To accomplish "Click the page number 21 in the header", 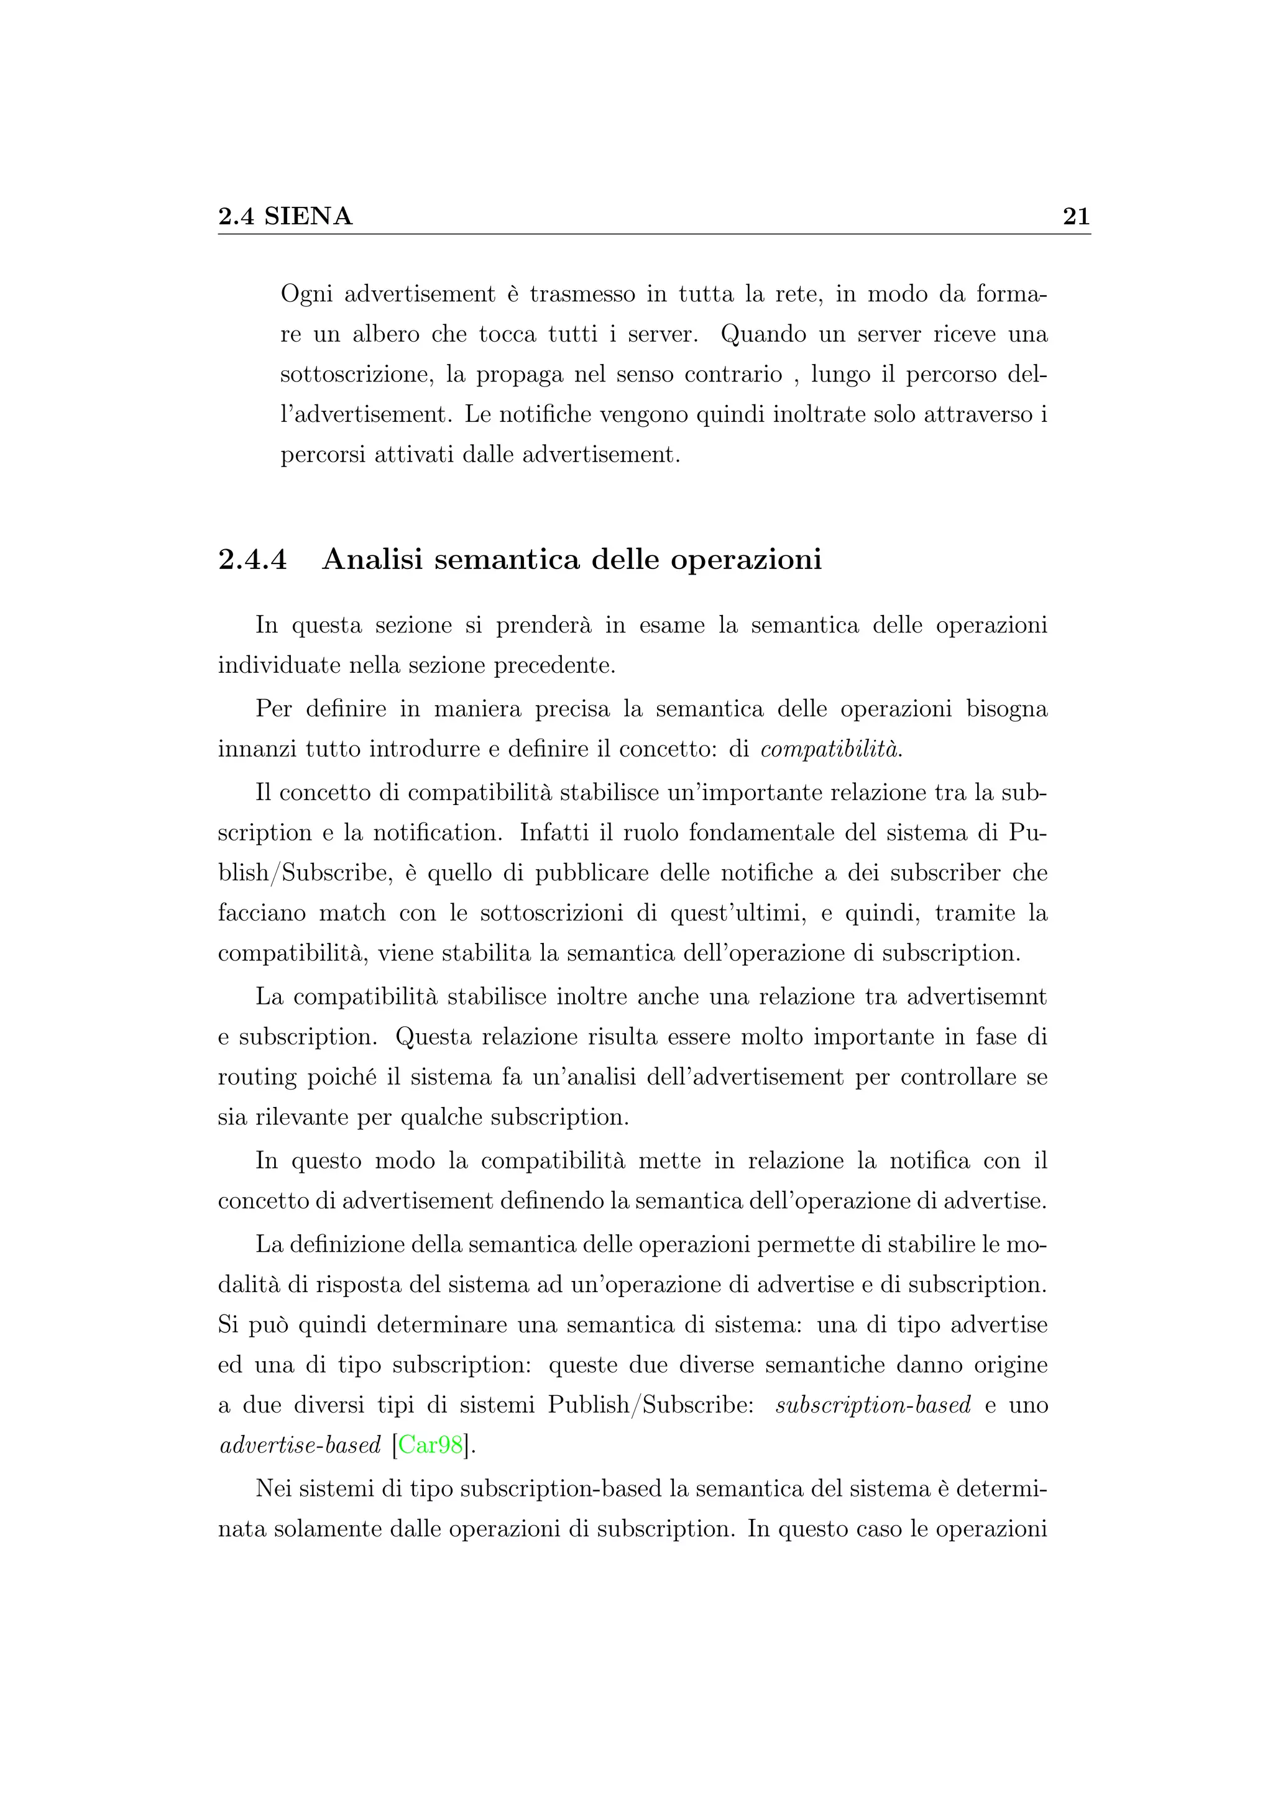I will click(1075, 216).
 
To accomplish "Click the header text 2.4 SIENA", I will click(285, 216).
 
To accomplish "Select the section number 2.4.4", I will click(252, 560).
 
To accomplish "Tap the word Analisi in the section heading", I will click(372, 560).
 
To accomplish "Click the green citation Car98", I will click(430, 1444).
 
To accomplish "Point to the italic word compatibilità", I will click(831, 749).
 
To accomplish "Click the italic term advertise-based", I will click(300, 1444).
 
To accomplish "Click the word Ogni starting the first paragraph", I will click(306, 294).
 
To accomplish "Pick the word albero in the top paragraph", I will click(385, 335).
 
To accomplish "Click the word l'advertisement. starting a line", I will click(366, 414).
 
